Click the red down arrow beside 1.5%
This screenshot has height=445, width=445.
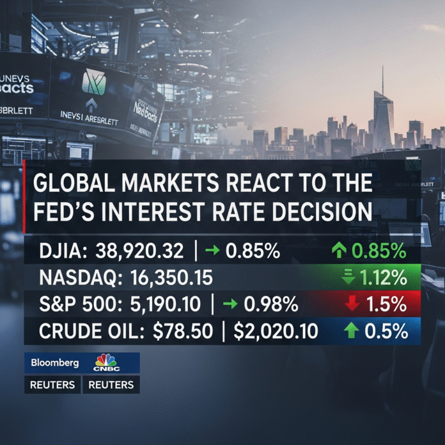click(352, 304)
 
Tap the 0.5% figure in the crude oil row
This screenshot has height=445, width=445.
click(386, 331)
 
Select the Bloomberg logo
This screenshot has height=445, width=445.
click(54, 363)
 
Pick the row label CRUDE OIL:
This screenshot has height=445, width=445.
click(84, 331)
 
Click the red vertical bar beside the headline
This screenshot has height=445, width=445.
click(24, 197)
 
